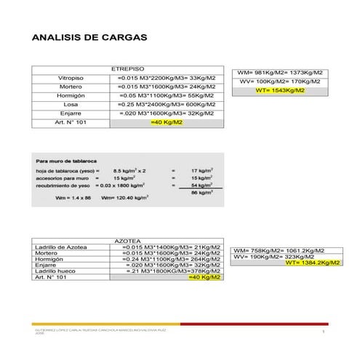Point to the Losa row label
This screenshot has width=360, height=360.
(71, 104)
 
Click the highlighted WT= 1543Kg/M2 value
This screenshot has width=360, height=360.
(279, 91)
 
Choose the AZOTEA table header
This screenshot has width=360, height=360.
(127, 240)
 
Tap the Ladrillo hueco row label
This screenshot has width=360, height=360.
(55, 271)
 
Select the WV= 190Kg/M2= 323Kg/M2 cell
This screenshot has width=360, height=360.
(273, 257)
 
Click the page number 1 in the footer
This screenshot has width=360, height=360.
(322, 332)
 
